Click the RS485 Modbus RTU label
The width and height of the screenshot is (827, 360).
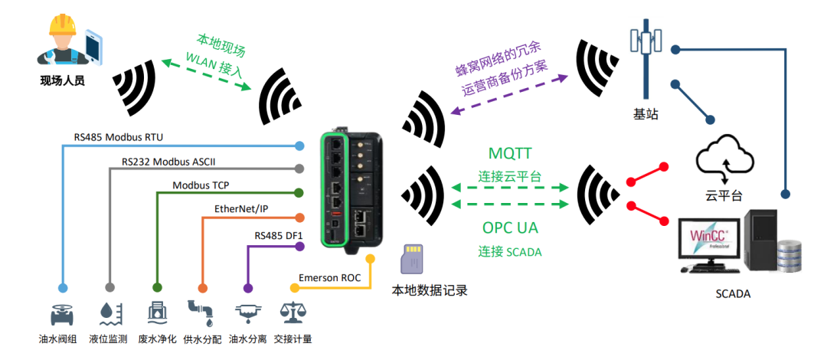[x=118, y=137]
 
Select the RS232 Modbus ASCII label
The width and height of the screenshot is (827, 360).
[x=178, y=162]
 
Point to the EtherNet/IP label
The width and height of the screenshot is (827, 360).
[x=241, y=209]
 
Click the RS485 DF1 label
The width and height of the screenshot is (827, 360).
[x=279, y=234]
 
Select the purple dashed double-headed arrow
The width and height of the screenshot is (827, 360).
[x=510, y=96]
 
